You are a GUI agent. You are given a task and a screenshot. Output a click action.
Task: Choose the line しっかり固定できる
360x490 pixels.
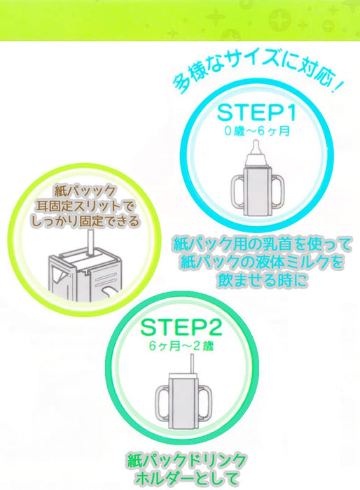coord(88,221)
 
